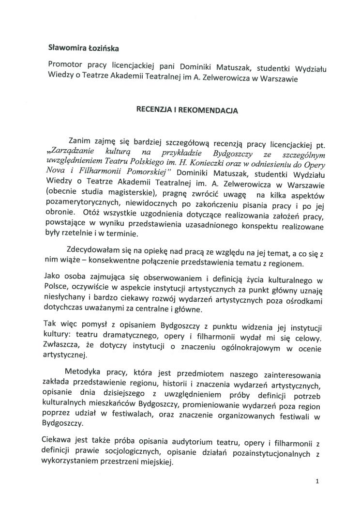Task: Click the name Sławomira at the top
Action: click(x=67, y=47)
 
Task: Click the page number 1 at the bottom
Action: click(x=316, y=482)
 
